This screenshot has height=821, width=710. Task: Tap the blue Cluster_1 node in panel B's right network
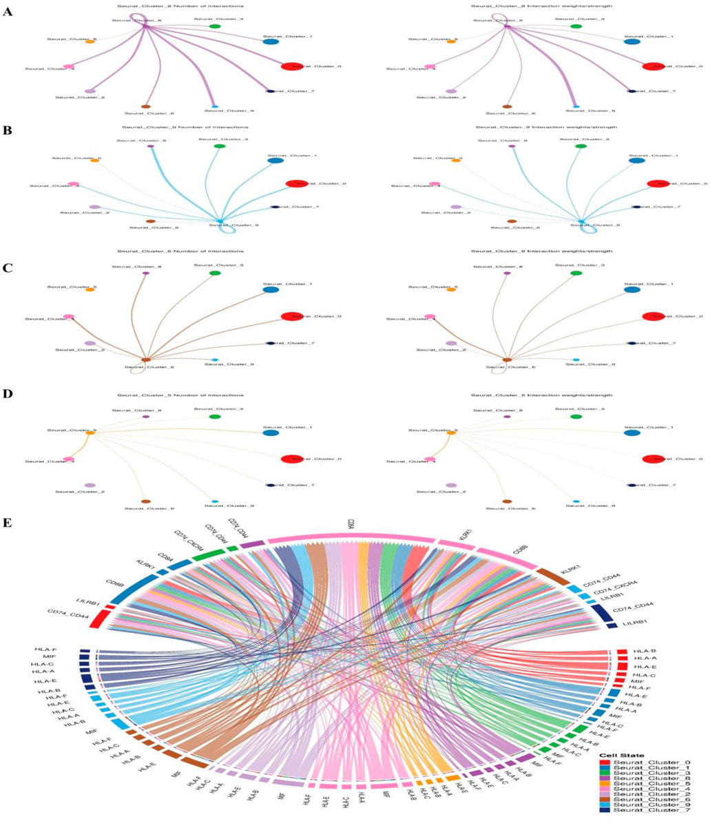pos(636,160)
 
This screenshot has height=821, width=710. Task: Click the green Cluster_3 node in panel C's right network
pos(576,273)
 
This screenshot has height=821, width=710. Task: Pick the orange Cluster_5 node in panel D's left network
pos(90,433)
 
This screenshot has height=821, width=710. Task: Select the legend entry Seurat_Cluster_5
pos(650,784)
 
